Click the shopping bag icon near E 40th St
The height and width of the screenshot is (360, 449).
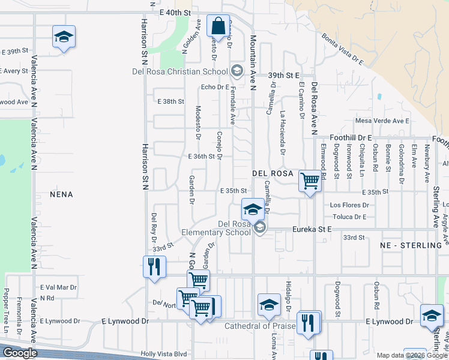coord(218,26)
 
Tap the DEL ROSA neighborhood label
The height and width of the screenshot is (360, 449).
coord(273,173)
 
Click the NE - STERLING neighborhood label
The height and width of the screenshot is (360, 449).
coord(414,245)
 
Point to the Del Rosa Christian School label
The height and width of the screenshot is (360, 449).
coord(179,71)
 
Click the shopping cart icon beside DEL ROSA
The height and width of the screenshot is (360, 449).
coord(310,180)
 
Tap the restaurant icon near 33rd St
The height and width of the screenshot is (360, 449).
coord(154,266)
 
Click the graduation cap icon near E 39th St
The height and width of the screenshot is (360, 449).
coord(64,37)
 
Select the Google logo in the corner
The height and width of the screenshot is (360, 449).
coord(20,353)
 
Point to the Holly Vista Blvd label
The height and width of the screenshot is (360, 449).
coord(164,354)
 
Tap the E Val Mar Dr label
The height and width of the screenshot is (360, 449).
coord(58,287)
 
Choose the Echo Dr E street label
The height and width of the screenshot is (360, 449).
coord(215,87)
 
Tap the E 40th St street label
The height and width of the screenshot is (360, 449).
coord(175,12)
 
